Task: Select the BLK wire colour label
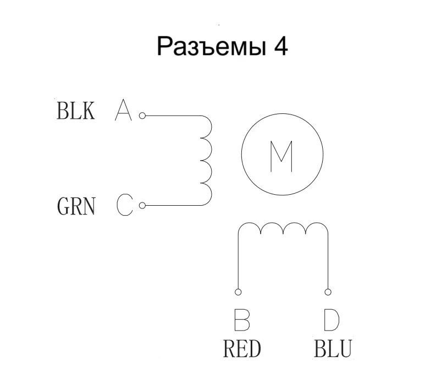76,111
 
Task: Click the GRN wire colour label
76,207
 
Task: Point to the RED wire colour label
242,349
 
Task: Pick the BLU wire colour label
333,349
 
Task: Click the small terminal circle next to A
142,116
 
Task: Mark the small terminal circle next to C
142,206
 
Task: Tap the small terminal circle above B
238,292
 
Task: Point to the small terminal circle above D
328,292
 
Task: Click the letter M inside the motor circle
282,156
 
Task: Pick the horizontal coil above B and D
283,228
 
